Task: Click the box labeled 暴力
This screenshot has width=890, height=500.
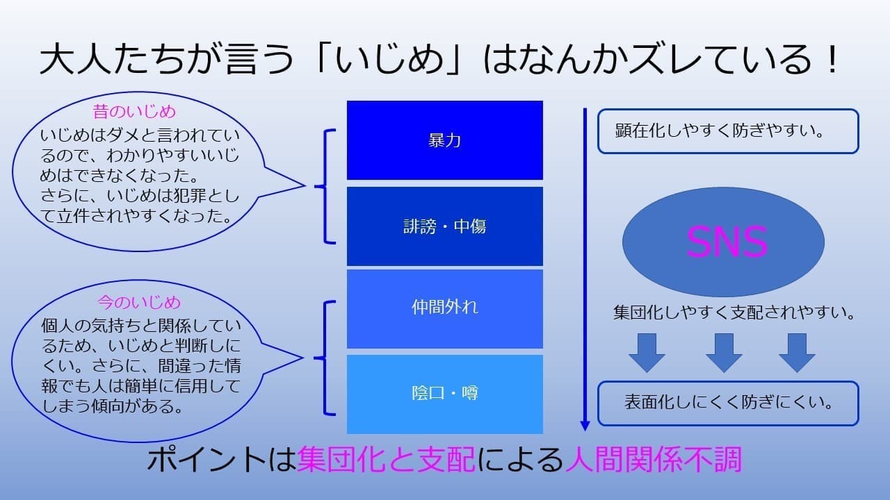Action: (444, 140)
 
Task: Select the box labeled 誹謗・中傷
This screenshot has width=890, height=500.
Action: (444, 226)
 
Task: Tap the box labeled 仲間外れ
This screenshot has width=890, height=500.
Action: (444, 309)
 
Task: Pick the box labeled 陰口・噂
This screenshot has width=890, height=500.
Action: (444, 394)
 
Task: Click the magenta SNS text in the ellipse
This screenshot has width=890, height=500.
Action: (727, 242)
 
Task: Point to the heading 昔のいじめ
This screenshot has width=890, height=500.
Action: (134, 112)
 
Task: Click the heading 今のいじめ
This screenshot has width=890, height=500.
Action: (139, 302)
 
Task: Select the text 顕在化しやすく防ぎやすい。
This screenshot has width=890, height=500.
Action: (720, 131)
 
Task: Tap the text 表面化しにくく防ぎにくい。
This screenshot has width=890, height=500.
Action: (729, 403)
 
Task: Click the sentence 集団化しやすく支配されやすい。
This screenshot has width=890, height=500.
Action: (734, 312)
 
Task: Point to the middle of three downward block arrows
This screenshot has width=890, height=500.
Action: (724, 353)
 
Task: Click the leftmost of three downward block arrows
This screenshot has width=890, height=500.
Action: (647, 353)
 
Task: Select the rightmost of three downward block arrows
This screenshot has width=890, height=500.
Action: (797, 353)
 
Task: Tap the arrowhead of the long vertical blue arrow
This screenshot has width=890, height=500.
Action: (585, 426)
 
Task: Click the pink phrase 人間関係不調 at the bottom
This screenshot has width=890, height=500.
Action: (654, 460)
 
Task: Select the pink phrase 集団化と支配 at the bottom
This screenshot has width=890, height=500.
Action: (386, 460)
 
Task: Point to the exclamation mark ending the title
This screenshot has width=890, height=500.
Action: (830, 59)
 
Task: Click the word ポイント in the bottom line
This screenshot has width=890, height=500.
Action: (207, 460)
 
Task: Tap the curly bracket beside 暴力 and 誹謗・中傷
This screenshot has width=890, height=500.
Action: (325, 186)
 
